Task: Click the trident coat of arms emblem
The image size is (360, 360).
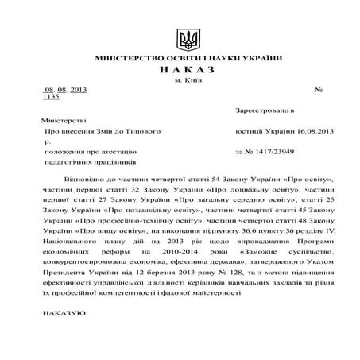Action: (188, 39)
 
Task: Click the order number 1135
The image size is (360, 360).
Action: (50, 96)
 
